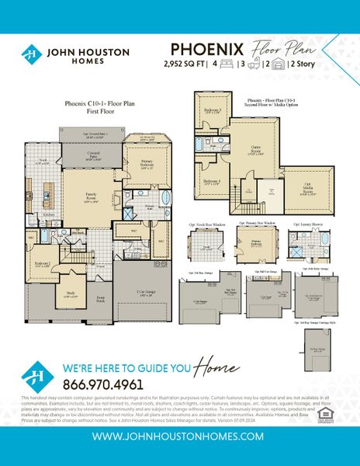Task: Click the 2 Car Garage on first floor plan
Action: pyautogui.click(x=141, y=294)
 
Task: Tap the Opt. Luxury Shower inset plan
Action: pyautogui.click(x=306, y=243)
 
